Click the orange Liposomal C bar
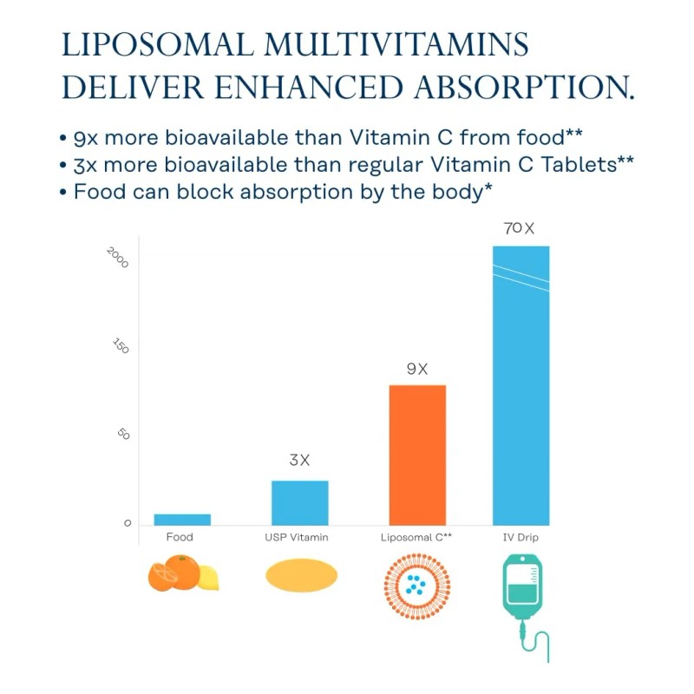click(417, 455)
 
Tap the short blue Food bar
click(182, 520)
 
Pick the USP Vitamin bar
click(300, 502)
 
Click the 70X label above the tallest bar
click(520, 229)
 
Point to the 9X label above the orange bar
click(417, 369)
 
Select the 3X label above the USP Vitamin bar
click(299, 461)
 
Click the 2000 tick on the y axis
click(118, 257)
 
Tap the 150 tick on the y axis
click(121, 346)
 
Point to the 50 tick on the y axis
click(123, 435)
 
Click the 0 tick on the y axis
click(128, 523)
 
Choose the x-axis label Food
click(180, 538)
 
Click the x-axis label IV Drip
click(520, 538)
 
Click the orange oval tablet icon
click(300, 575)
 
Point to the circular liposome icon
click(416, 582)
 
